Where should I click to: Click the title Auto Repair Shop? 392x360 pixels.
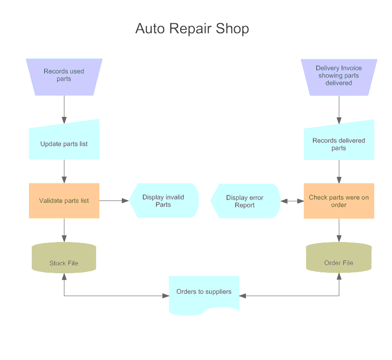(x=192, y=28)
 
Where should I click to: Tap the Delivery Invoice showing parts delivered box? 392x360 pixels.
(x=339, y=76)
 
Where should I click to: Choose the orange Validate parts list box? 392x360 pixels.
(x=64, y=201)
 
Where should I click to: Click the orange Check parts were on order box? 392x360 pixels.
(x=339, y=201)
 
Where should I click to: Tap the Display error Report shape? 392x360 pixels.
(x=245, y=201)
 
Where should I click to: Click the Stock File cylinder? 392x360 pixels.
(x=64, y=257)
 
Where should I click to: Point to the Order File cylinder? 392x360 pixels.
(x=339, y=257)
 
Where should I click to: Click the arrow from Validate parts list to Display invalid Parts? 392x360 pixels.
(x=114, y=201)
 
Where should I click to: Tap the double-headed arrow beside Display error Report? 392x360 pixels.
(x=292, y=201)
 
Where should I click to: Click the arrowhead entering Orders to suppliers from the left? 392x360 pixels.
(x=165, y=296)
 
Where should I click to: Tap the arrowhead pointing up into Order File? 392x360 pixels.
(x=339, y=276)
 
